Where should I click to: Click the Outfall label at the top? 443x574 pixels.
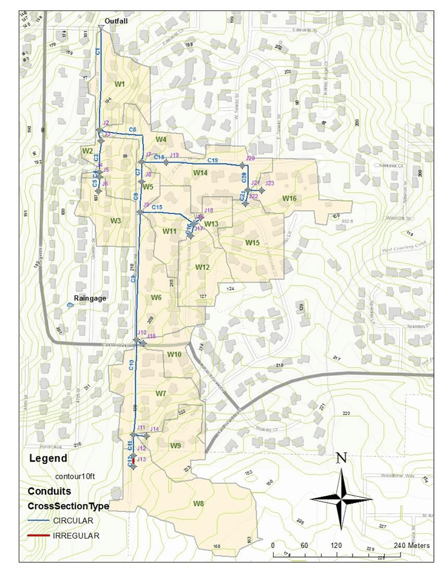pos(115,21)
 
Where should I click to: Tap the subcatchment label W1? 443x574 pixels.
pos(120,83)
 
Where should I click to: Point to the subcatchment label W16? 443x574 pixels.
pos(289,199)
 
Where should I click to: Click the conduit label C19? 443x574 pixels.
pos(213,160)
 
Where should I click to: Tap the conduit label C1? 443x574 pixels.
pos(98,53)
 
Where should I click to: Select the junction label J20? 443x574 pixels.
pos(250,159)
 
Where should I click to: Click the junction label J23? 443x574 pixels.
pos(270,183)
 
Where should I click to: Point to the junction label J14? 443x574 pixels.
pos(154,429)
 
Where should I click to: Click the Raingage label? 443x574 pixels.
pos(90,298)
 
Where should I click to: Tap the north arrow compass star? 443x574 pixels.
pos(341,498)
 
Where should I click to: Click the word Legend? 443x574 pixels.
pos(48,459)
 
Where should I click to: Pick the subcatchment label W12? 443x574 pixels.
pos(202,267)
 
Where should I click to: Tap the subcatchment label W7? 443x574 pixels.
pos(160,394)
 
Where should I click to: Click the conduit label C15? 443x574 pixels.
pos(157,207)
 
